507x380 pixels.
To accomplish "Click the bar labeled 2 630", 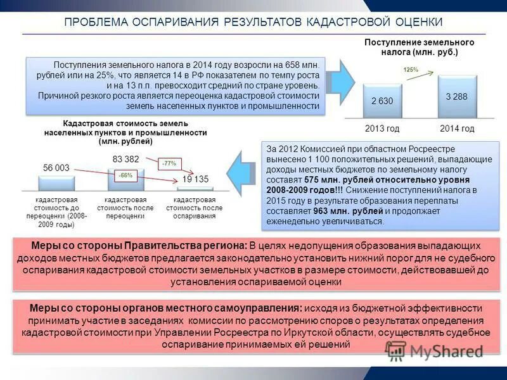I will [x=382, y=101].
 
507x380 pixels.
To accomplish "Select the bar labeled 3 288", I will [x=457, y=97].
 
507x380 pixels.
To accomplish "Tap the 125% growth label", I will [x=410, y=70].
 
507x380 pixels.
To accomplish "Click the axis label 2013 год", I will [x=382, y=129].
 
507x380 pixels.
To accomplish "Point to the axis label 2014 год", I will [x=457, y=129].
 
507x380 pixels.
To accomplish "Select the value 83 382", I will [x=125, y=158].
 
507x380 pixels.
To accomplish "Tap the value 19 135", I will [x=195, y=179].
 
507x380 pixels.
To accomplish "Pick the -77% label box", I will [x=168, y=163].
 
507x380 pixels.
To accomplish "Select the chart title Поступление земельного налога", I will [x=419, y=47].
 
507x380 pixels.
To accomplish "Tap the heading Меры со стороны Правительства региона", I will [x=138, y=244].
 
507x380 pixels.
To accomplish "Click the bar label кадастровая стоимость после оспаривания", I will [x=194, y=208].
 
